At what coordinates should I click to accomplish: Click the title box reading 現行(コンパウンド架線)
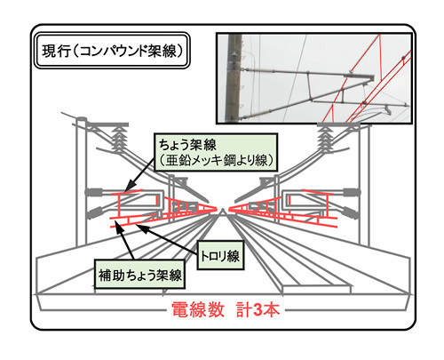(112, 51)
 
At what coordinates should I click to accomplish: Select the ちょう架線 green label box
(216, 152)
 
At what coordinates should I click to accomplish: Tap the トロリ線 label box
(220, 255)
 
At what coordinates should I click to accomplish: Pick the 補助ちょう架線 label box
(139, 275)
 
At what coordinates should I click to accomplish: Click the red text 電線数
(198, 310)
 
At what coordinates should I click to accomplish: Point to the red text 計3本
(258, 310)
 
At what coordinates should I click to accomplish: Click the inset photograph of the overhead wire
(314, 78)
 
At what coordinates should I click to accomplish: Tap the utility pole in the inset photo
(234, 78)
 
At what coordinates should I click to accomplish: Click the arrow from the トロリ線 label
(167, 239)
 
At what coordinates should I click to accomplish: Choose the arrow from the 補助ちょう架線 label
(124, 241)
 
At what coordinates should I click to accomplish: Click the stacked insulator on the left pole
(118, 139)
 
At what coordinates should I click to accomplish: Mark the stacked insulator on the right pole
(326, 139)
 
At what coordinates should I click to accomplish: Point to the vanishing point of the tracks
(223, 210)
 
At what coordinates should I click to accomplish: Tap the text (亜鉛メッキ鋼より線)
(216, 161)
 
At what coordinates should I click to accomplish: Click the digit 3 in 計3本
(257, 310)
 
